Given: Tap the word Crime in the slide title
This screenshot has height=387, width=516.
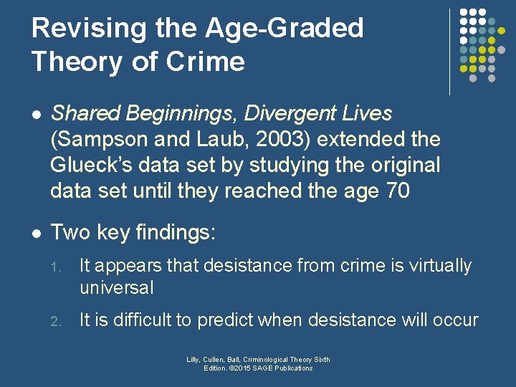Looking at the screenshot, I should click(x=206, y=62).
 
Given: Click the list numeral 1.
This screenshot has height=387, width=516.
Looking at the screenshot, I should click(x=55, y=267).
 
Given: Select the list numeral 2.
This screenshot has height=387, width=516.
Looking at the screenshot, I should click(x=55, y=320).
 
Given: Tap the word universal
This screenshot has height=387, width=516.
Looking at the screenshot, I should click(x=116, y=288).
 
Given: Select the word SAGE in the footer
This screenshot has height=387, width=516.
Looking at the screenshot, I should click(x=262, y=368).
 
